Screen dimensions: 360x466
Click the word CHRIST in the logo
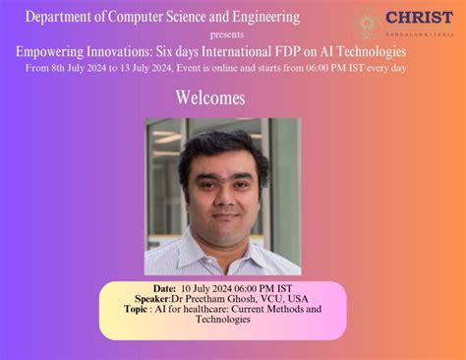(420, 18)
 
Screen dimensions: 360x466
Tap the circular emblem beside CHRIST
(368, 24)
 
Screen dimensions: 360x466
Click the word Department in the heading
(68, 18)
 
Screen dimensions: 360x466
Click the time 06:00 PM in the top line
(330, 68)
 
